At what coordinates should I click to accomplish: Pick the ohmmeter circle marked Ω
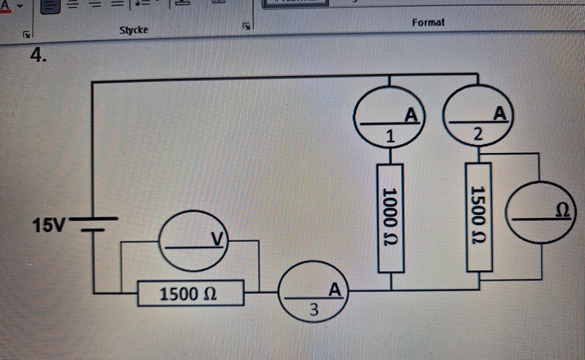(x=540, y=211)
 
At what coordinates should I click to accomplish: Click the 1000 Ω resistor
(x=390, y=217)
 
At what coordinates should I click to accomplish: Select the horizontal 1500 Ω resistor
(x=190, y=293)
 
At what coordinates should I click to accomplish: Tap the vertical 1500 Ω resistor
(x=479, y=217)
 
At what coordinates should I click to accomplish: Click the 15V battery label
(x=48, y=225)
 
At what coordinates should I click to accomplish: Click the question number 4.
(x=39, y=56)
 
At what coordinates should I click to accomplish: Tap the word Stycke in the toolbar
(x=134, y=30)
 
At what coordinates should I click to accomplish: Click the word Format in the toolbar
(x=428, y=23)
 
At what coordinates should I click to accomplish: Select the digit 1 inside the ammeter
(x=390, y=136)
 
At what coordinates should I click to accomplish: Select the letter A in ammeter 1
(x=410, y=115)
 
